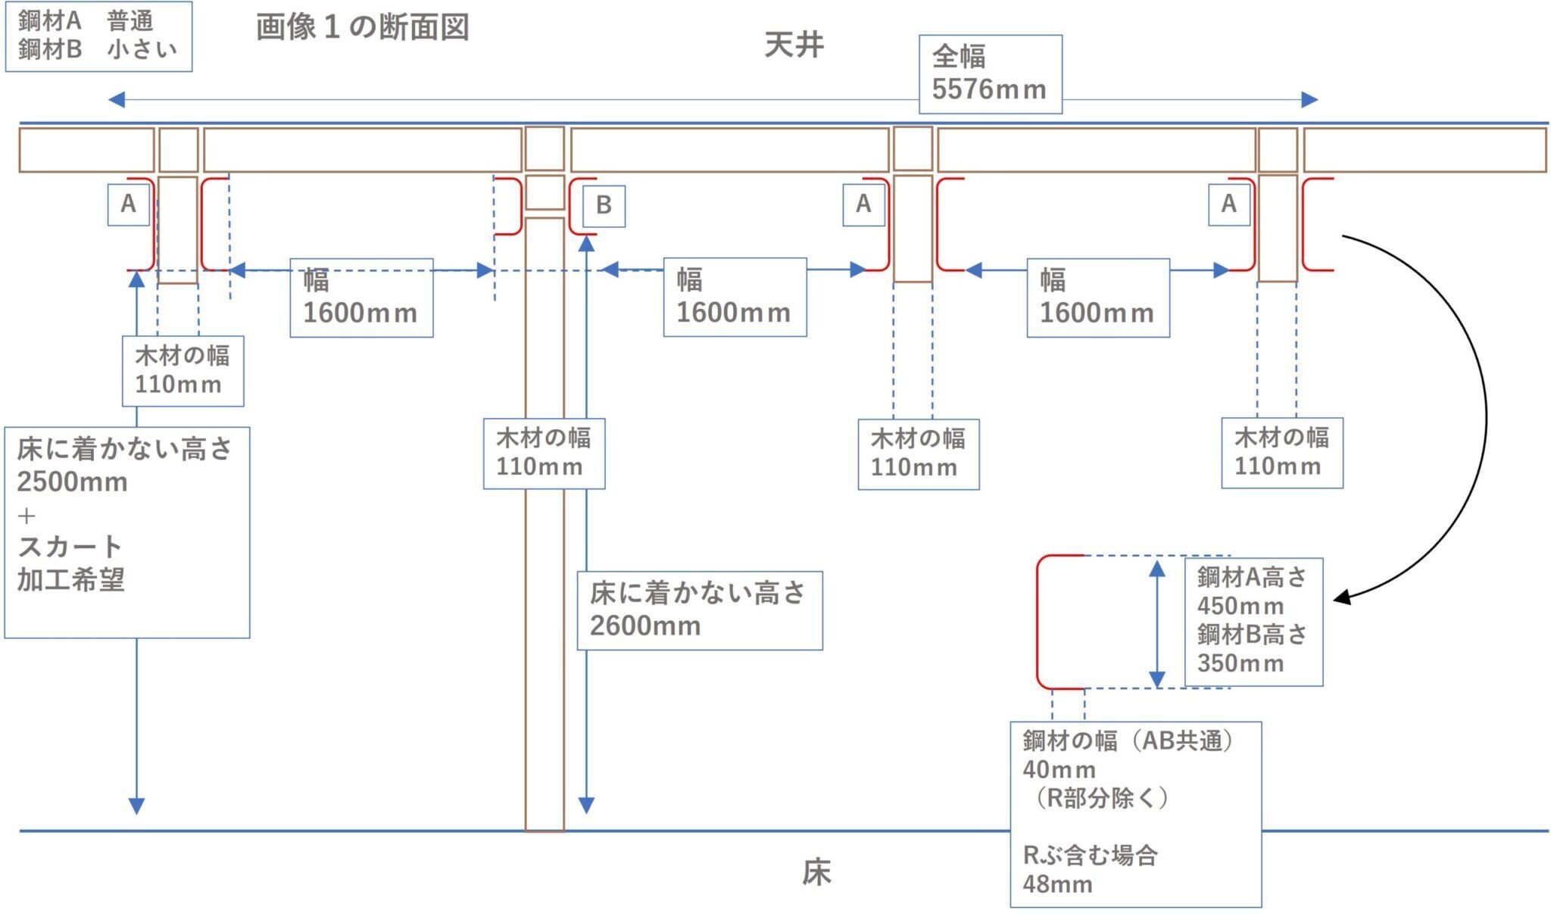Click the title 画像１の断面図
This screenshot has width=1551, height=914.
363,27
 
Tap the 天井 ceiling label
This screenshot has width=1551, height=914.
794,45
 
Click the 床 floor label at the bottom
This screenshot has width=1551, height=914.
816,872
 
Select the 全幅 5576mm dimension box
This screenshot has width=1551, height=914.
991,74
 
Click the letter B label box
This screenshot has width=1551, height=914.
604,205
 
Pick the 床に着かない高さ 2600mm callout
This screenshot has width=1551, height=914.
700,610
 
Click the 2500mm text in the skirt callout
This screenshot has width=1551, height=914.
72,482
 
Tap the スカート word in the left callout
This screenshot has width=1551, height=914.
70,546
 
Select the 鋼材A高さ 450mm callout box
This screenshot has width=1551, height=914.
1253,622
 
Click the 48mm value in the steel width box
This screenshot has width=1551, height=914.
1057,884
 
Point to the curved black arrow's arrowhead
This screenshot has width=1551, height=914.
1341,597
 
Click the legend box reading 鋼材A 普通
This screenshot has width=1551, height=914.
98,36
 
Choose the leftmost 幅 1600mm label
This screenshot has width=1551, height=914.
361,298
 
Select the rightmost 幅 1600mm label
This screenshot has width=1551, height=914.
1098,298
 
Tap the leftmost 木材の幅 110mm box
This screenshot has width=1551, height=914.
183,371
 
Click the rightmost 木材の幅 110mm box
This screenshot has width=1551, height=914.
1282,453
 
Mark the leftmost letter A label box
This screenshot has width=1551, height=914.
129,204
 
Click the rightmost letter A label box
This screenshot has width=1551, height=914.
1229,204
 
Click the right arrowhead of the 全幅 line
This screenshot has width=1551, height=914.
1310,100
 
